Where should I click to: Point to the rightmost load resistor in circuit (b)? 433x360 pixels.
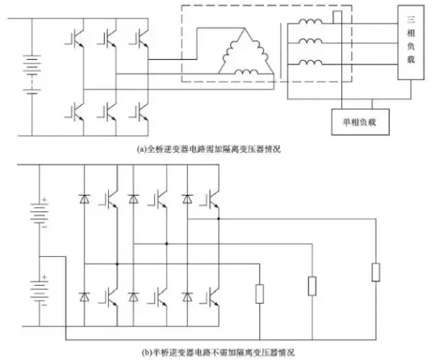point(375,272)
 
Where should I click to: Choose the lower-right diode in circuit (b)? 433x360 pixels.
point(188,297)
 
